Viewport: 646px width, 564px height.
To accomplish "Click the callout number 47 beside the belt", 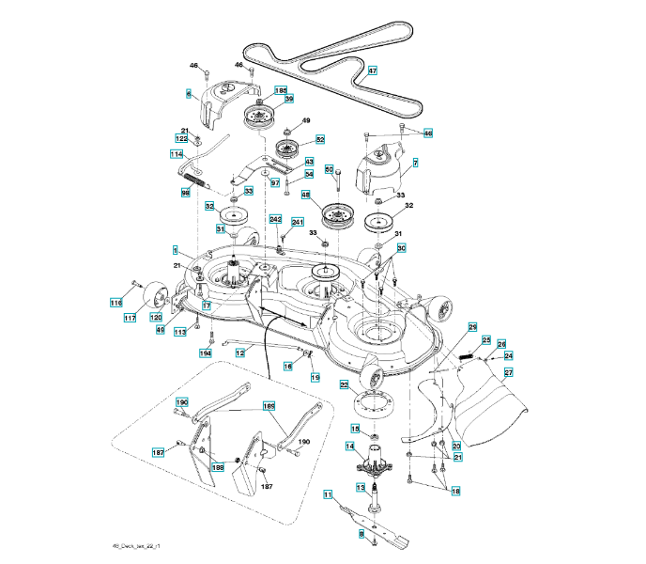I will (372, 70).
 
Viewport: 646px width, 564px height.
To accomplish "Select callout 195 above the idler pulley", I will (280, 90).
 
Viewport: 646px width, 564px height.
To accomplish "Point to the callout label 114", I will (177, 153).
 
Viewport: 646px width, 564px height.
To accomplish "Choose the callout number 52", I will (320, 139).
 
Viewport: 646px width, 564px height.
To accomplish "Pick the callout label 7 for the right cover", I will (414, 163).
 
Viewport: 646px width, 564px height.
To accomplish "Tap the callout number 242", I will (276, 219).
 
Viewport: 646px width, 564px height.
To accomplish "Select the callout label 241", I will (298, 223).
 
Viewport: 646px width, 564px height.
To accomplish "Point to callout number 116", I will (115, 303).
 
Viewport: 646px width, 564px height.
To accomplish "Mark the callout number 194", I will (206, 352).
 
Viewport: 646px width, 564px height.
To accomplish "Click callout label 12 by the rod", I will (240, 352).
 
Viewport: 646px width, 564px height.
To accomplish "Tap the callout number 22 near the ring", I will (345, 384).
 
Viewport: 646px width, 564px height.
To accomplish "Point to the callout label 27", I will (508, 372).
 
